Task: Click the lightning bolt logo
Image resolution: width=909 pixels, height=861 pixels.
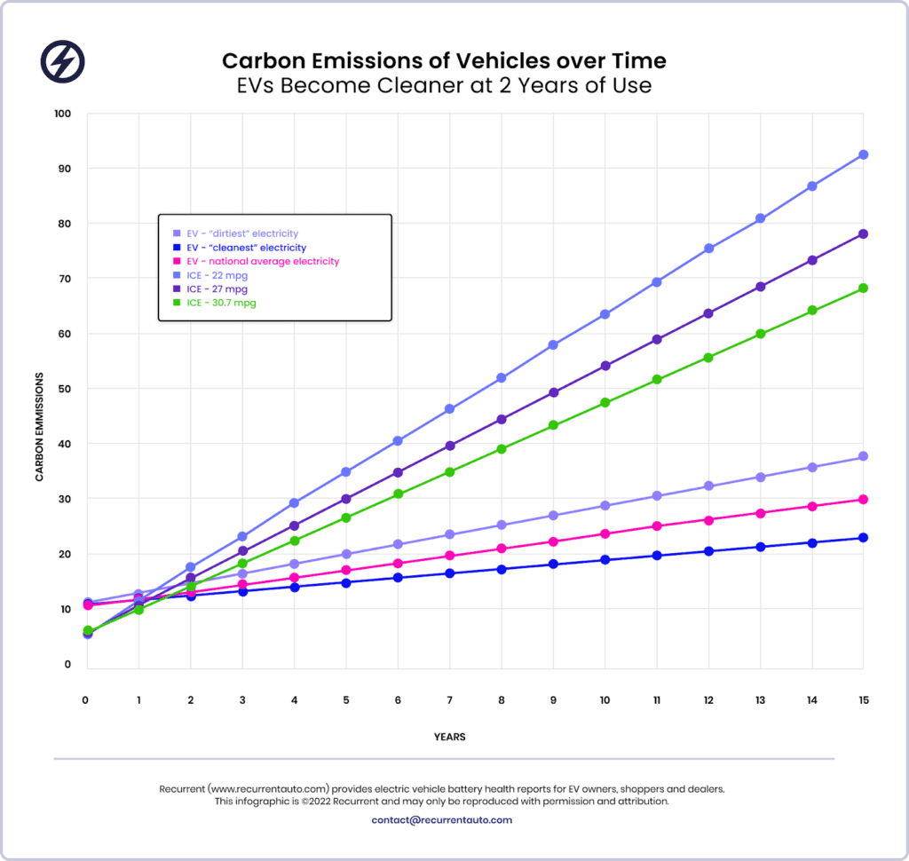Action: coord(63,60)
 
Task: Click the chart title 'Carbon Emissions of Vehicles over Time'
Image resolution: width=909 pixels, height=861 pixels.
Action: coord(443,61)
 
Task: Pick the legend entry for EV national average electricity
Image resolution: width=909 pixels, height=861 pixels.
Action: coord(261,262)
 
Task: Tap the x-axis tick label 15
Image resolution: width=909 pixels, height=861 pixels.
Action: coord(863,700)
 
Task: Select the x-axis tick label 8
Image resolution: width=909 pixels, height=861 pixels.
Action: coord(501,700)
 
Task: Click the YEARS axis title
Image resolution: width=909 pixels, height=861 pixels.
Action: coord(450,737)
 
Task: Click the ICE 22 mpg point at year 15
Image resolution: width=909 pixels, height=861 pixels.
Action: coord(863,154)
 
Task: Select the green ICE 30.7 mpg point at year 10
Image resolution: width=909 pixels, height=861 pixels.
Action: coord(605,402)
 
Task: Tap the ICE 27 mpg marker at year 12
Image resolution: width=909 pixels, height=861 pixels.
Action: coord(708,313)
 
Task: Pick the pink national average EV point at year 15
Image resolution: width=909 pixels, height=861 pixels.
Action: coord(863,500)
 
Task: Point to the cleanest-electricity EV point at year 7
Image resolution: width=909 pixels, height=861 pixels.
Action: coord(449,573)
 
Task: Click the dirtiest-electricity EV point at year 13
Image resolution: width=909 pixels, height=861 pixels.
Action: coord(760,477)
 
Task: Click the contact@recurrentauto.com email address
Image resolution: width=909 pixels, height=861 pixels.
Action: coord(442,820)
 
